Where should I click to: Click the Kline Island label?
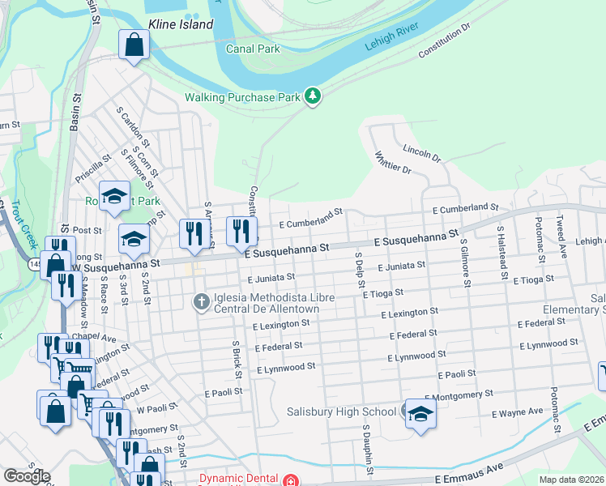180,24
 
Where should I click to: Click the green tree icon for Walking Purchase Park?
313,96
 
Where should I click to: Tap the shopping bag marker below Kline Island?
134,45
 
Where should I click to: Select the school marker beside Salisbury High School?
420,415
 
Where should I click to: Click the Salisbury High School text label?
341,411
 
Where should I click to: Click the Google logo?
27,476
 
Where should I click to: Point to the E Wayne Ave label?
518,412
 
